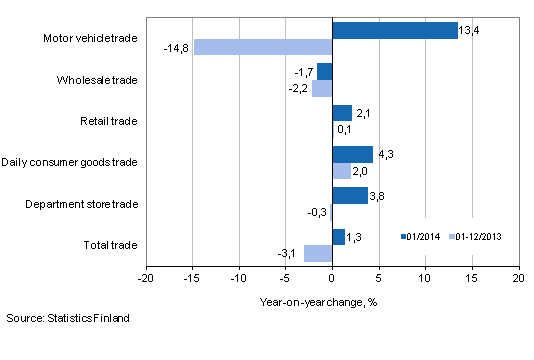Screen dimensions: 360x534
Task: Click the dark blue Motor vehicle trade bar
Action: [394, 30]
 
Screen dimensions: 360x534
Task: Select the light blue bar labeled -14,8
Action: [263, 47]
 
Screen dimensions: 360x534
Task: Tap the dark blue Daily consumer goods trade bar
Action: [352, 154]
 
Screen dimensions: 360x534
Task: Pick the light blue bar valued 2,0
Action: [341, 171]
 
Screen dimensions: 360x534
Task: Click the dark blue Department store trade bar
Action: [349, 196]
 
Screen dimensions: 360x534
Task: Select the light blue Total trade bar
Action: [317, 253]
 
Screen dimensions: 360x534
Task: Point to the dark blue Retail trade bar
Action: [341, 113]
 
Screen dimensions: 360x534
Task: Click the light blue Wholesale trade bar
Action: [321, 88]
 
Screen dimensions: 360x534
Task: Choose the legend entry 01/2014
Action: [419, 237]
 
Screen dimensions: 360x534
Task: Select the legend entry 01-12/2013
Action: [477, 237]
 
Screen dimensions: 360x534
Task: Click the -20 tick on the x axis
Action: [147, 277]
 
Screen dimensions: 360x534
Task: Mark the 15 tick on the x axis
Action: [471, 277]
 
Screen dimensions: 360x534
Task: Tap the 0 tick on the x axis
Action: [332, 277]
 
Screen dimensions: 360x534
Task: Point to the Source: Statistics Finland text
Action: [66, 319]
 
